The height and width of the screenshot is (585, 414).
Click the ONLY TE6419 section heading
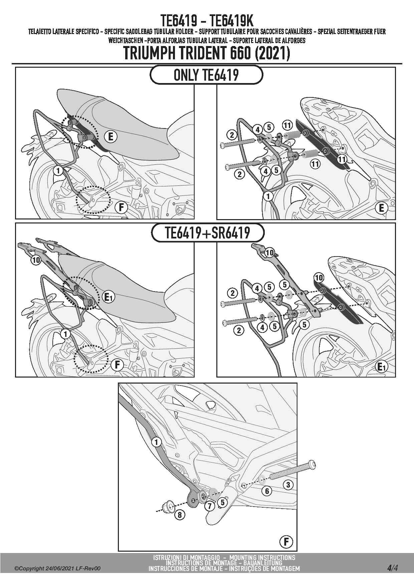[x=206, y=75]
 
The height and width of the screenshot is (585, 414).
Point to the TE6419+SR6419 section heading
[x=207, y=232]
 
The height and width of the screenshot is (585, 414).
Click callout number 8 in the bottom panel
[x=180, y=515]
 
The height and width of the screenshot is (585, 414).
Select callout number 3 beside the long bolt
[x=288, y=485]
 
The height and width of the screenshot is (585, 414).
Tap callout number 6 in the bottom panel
[x=267, y=491]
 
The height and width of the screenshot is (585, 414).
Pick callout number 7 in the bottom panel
[x=210, y=506]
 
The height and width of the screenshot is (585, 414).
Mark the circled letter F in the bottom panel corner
[x=286, y=542]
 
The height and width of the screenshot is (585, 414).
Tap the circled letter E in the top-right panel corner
[x=381, y=208]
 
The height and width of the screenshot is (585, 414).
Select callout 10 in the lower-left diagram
[x=36, y=260]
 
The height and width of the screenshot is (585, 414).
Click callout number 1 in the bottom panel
[x=156, y=442]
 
